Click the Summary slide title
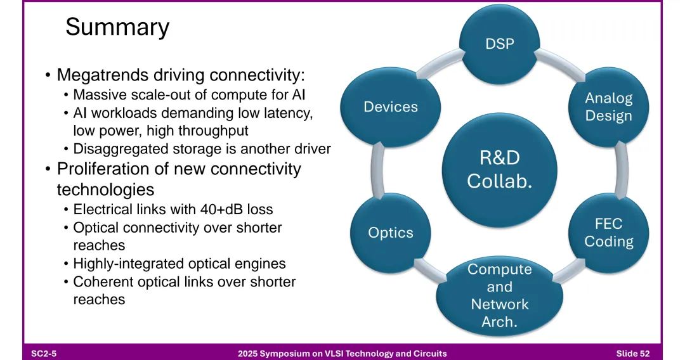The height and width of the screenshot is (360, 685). [117, 27]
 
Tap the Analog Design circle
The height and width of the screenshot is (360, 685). [608, 107]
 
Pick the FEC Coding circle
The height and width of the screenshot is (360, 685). [608, 233]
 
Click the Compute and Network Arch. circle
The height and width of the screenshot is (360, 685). [499, 295]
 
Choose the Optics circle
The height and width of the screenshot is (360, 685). [391, 233]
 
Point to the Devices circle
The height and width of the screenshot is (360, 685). [391, 107]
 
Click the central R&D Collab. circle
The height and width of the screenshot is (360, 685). [499, 170]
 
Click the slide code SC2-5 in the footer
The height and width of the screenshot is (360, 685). [44, 353]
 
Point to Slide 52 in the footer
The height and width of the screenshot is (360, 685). [633, 353]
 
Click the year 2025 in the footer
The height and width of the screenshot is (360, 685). [247, 353]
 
